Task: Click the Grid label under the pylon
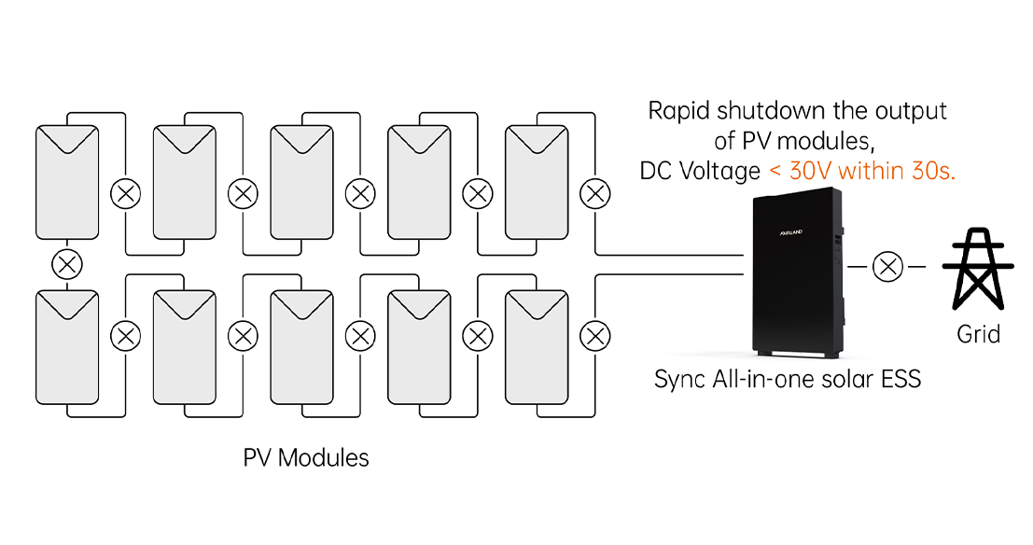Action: click(978, 333)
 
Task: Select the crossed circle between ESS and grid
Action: click(886, 268)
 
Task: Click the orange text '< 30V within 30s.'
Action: click(861, 172)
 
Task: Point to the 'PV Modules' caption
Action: click(306, 458)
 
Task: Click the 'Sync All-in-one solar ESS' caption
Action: click(788, 380)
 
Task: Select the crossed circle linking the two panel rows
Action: click(66, 264)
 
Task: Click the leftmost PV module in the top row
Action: click(66, 181)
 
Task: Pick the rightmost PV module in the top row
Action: click(537, 181)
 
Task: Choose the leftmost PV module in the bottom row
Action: click(66, 346)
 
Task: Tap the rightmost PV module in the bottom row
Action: click(537, 346)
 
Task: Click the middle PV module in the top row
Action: click(301, 181)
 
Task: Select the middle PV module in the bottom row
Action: click(301, 346)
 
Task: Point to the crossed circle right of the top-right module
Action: click(594, 194)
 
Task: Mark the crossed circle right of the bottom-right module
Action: click(594, 334)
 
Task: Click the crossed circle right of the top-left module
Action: click(125, 194)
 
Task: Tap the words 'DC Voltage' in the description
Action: click(699, 172)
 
